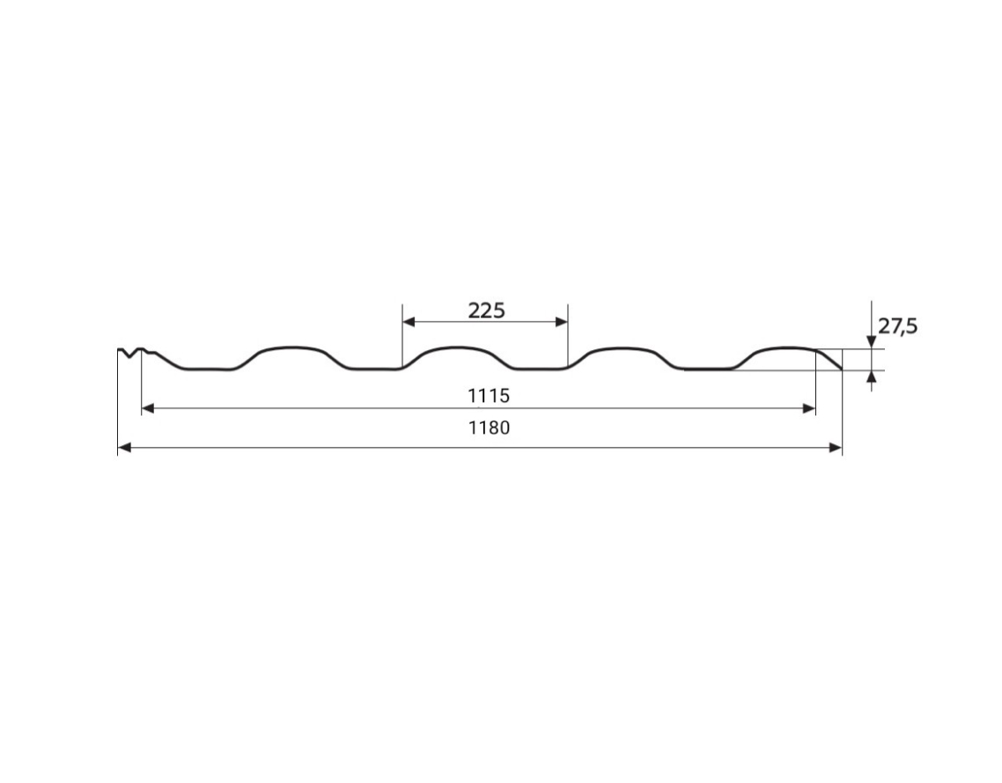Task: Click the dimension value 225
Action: click(x=486, y=311)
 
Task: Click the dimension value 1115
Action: click(x=489, y=396)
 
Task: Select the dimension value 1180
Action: click(x=490, y=428)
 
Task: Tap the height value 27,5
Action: click(x=898, y=326)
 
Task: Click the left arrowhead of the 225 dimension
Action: click(x=409, y=321)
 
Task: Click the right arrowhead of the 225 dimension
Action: click(x=561, y=321)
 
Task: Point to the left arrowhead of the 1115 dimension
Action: click(x=148, y=408)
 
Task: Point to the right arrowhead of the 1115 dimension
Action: click(x=809, y=408)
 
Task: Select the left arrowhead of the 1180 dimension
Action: click(x=125, y=448)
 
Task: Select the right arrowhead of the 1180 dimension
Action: click(x=836, y=448)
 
